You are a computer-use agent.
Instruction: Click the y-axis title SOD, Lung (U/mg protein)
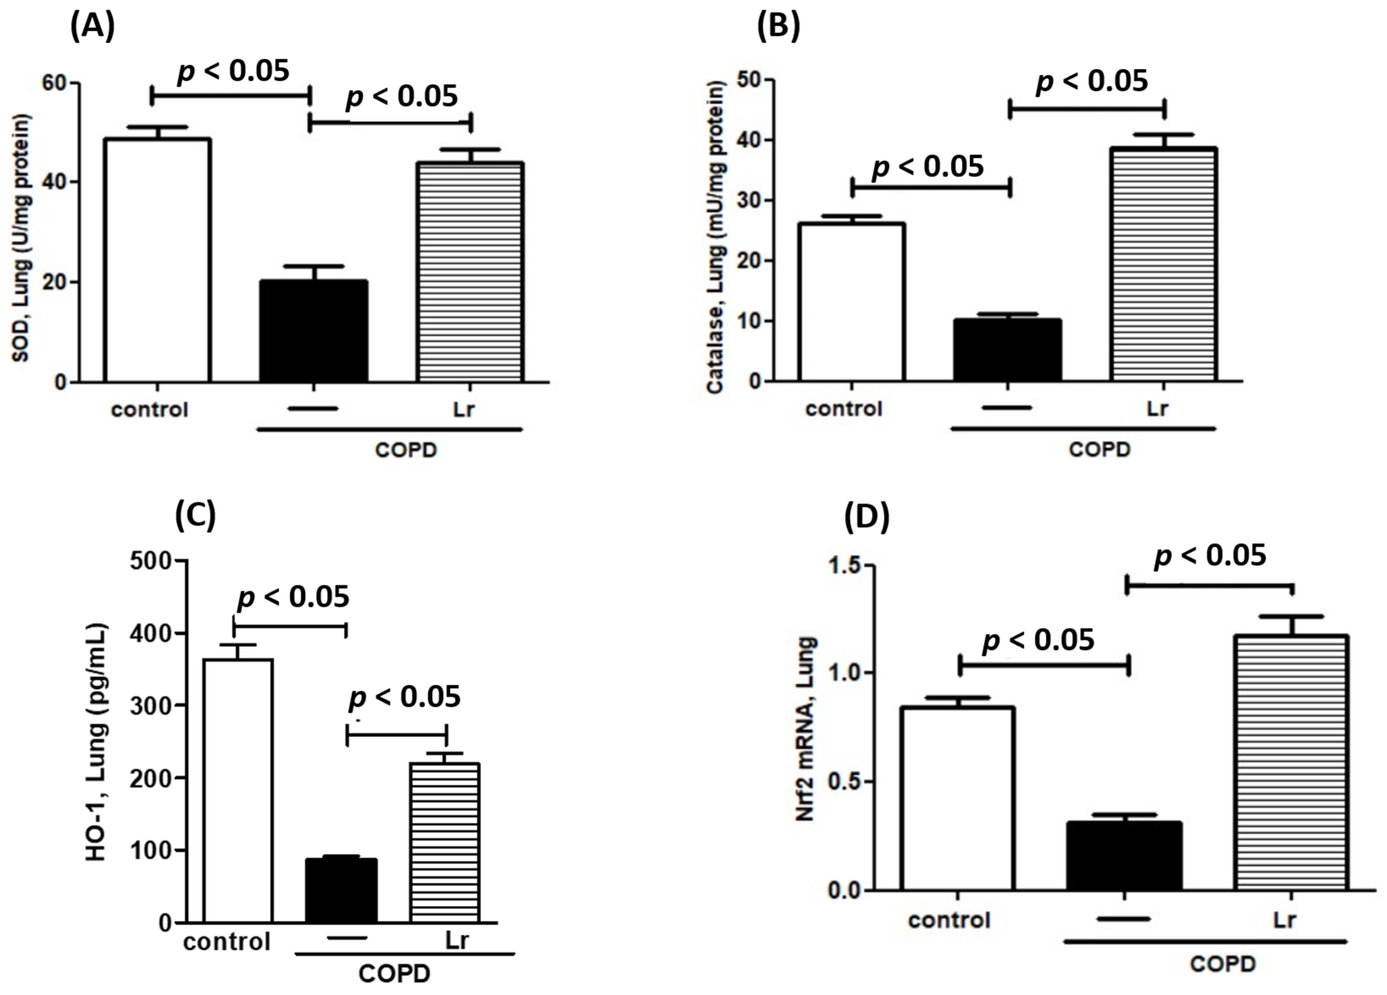click(x=22, y=238)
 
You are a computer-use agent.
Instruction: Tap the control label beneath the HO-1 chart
click(x=226, y=941)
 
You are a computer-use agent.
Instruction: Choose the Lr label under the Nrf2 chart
click(x=1284, y=920)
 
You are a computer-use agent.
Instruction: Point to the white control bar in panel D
click(x=958, y=798)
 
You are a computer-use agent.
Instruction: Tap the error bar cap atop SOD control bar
click(x=158, y=127)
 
